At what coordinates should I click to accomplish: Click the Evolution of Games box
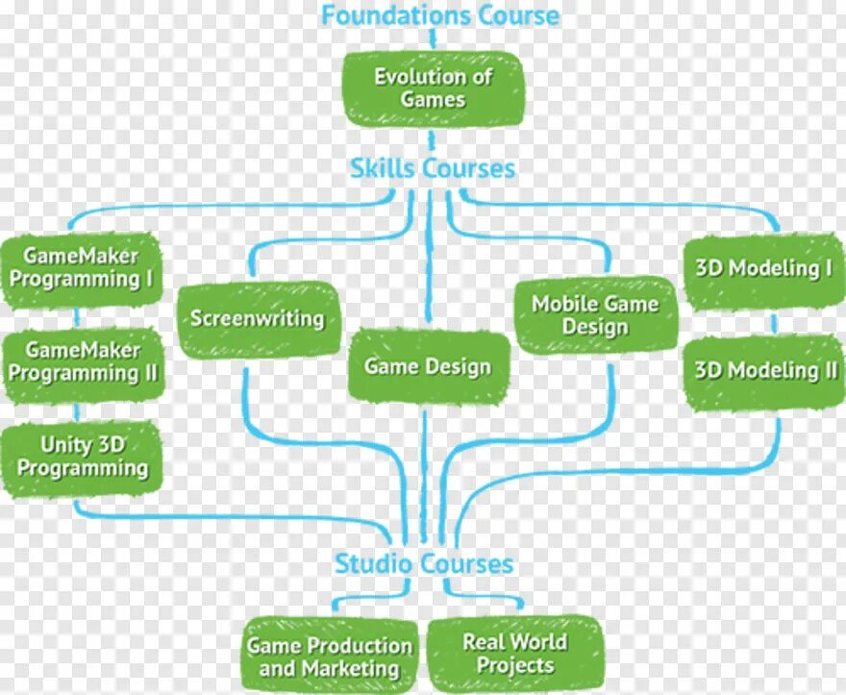434,87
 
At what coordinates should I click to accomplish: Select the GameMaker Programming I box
81,268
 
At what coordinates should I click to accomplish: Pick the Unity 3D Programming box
83,458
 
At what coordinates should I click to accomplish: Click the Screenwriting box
258,318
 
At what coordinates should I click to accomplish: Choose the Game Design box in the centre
428,366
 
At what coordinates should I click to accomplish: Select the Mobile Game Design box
595,315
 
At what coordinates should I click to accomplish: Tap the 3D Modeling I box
763,269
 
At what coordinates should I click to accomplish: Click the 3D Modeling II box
765,370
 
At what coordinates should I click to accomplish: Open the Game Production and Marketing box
330,657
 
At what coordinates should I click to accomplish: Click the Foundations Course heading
440,15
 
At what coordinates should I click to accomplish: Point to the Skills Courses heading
433,169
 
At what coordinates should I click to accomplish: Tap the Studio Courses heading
424,563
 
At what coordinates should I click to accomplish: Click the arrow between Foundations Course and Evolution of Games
433,39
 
